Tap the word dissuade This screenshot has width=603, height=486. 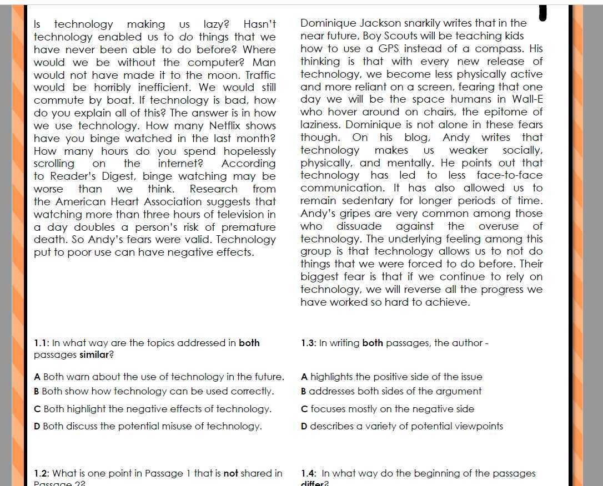pyautogui.click(x=359, y=226)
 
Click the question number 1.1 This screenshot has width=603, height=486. pyautogui.click(x=42, y=343)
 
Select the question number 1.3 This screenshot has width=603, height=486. pyautogui.click(x=308, y=343)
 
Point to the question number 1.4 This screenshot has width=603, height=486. pyautogui.click(x=308, y=474)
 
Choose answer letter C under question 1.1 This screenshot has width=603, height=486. pyautogui.click(x=37, y=409)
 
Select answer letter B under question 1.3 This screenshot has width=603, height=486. pyautogui.click(x=304, y=392)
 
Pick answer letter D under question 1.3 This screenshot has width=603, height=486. pyautogui.click(x=304, y=427)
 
